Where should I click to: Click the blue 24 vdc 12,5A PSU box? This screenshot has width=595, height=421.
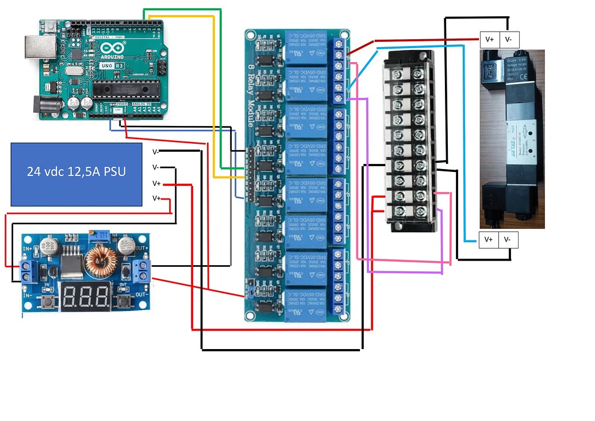(x=76, y=174)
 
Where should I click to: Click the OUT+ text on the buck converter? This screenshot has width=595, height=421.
(x=143, y=248)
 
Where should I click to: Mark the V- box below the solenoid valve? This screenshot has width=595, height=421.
(x=508, y=239)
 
